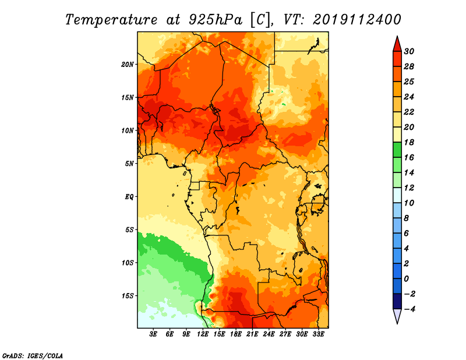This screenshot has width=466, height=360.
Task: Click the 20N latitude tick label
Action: (128, 65)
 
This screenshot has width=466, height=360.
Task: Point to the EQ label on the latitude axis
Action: (129, 197)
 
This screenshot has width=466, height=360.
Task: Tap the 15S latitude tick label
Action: (128, 296)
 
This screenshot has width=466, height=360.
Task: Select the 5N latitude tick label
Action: (129, 164)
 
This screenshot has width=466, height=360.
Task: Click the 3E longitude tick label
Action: (153, 334)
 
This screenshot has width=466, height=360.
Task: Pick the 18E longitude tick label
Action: (236, 334)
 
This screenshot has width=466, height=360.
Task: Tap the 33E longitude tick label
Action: (318, 334)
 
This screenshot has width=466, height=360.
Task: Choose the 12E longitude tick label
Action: (203, 334)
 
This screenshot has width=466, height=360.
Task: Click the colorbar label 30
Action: (409, 51)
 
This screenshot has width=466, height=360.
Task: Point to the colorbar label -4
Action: (409, 309)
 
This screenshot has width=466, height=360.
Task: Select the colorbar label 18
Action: (409, 142)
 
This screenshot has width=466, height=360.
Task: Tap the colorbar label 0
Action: (406, 279)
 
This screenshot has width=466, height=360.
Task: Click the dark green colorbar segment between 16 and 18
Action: (397, 150)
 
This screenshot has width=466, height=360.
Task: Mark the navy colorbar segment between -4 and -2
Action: (397, 301)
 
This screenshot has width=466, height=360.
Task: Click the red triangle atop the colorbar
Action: (397, 45)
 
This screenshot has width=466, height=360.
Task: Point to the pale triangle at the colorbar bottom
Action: (397, 316)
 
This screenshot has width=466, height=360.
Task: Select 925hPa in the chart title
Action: (216, 20)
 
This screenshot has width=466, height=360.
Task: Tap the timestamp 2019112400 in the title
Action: (357, 20)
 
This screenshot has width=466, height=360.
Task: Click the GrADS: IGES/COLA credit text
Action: (33, 355)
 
